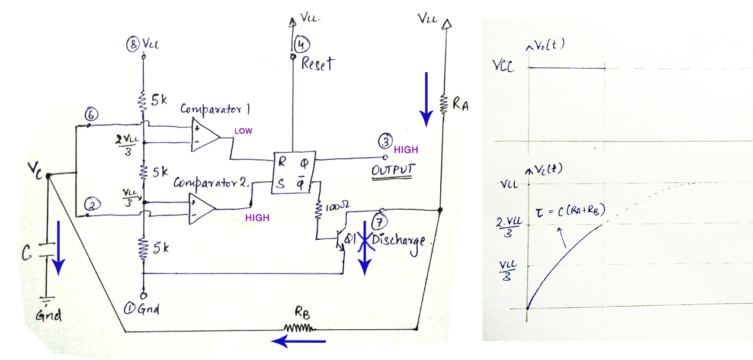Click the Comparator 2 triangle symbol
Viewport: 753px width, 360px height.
201,209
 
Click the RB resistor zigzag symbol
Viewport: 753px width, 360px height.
300,327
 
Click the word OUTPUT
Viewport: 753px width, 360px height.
393,171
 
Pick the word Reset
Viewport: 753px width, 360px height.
318,63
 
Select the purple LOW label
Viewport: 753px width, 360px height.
243,131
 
